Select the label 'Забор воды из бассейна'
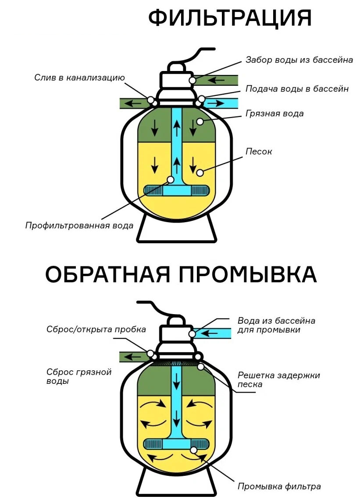(299, 60)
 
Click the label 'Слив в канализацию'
(79, 78)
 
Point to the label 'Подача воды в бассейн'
(297, 89)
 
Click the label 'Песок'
(259, 152)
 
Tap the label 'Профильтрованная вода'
(79, 226)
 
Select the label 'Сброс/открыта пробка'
(96, 329)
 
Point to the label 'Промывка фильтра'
(279, 486)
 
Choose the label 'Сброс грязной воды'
(79, 376)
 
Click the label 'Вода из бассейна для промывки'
(276, 325)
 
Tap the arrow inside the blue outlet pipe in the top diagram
(215, 103)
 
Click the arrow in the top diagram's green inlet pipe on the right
(215, 80)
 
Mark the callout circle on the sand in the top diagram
(200, 173)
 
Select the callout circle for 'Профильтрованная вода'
(170, 179)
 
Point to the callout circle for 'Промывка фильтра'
(193, 450)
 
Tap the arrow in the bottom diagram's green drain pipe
(130, 357)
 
